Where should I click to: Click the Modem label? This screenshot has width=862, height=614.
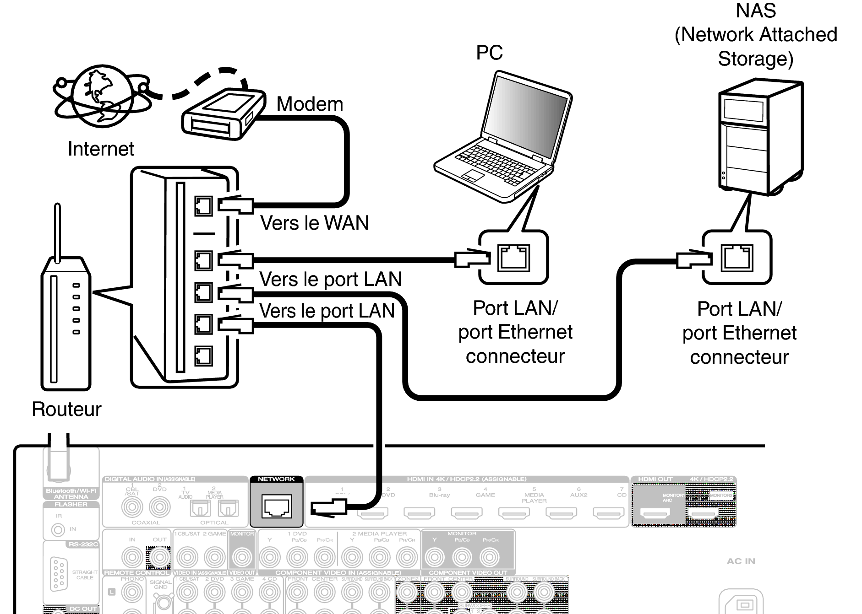pyautogui.click(x=310, y=104)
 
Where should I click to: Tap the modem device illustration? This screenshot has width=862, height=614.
pyautogui.click(x=223, y=114)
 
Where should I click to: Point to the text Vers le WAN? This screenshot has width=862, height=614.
pyautogui.click(x=314, y=223)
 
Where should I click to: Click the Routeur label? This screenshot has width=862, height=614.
pyautogui.click(x=66, y=409)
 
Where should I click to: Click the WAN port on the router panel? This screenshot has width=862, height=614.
pyautogui.click(x=203, y=206)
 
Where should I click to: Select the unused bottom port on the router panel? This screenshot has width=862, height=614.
pyautogui.click(x=203, y=355)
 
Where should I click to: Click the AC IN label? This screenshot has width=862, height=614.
pyautogui.click(x=741, y=561)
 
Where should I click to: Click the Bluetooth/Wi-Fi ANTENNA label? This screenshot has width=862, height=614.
pyautogui.click(x=71, y=493)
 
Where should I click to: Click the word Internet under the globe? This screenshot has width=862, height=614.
pyautogui.click(x=101, y=149)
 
